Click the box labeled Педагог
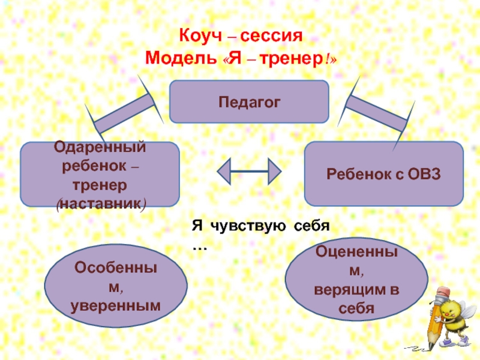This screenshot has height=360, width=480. point(249,102)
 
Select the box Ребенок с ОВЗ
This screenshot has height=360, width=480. point(383,173)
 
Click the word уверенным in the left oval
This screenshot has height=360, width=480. point(116,305)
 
